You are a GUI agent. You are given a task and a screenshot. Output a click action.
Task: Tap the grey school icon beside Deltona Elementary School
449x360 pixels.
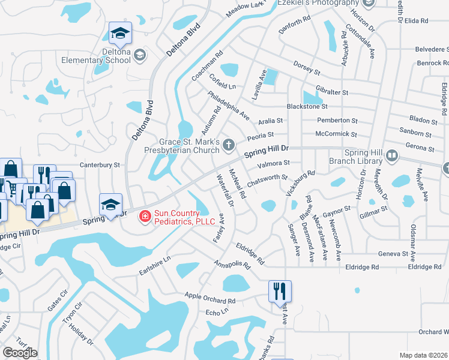pyautogui.click(x=140, y=56)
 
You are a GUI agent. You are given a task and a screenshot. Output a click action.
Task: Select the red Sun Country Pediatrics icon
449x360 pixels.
pyautogui.click(x=145, y=216)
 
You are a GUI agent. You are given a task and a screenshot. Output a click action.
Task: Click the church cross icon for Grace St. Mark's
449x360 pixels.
pyautogui.click(x=228, y=145)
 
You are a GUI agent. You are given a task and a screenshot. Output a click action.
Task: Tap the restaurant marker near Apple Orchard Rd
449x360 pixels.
pyautogui.click(x=280, y=292)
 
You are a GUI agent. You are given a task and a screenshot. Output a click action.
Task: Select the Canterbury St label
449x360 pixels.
pyautogui.click(x=100, y=164)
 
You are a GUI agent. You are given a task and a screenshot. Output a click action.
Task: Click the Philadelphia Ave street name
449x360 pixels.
pyautogui.click(x=228, y=104)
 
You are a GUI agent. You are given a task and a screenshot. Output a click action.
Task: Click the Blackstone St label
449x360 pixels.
pyautogui.click(x=324, y=106)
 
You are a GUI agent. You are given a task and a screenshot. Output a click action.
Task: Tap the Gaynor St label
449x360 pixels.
pyautogui.click(x=336, y=211)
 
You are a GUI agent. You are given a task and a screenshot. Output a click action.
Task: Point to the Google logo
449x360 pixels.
pyautogui.click(x=20, y=352)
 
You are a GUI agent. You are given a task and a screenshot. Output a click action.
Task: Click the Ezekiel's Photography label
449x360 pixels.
pyautogui.click(x=318, y=3)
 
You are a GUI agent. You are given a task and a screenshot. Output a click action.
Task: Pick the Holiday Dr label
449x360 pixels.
pyautogui.click(x=82, y=334)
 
